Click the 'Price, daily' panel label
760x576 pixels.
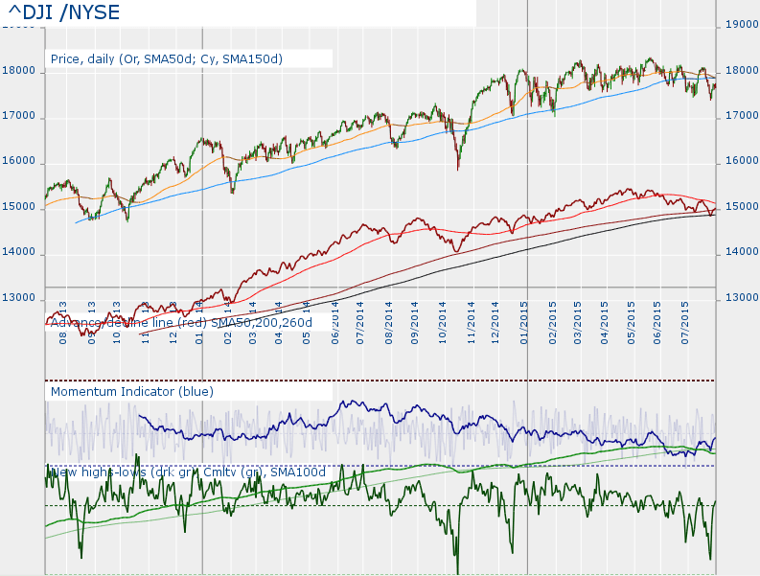coord(167,58)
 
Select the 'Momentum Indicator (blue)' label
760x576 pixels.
coord(132,391)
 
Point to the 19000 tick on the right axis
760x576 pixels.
coord(740,25)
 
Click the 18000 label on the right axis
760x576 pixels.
coord(740,71)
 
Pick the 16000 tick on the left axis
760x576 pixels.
coord(19,162)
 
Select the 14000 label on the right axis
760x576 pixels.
coord(740,253)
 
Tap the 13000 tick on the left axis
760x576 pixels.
coord(19,298)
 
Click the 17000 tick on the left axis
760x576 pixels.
coord(19,116)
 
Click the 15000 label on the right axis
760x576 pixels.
coord(740,207)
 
